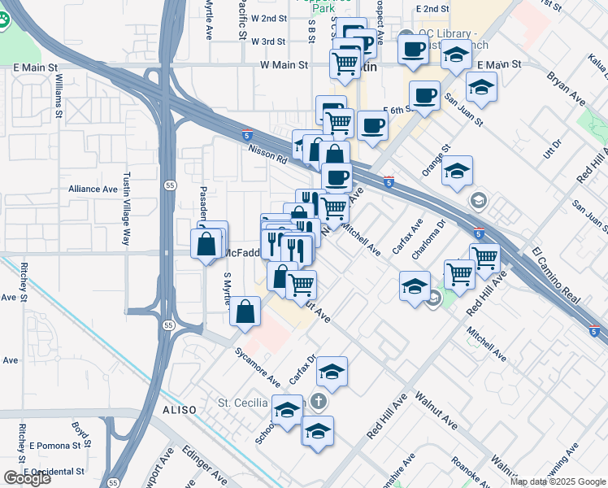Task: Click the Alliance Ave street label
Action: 93,189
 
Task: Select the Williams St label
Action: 59,96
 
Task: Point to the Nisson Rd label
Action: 269,155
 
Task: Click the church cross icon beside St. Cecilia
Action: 319,402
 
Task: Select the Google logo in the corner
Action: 27,478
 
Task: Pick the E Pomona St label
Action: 57,447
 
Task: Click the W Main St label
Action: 284,63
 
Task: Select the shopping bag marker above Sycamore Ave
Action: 245,312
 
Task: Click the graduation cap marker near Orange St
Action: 458,171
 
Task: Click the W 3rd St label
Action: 267,41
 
